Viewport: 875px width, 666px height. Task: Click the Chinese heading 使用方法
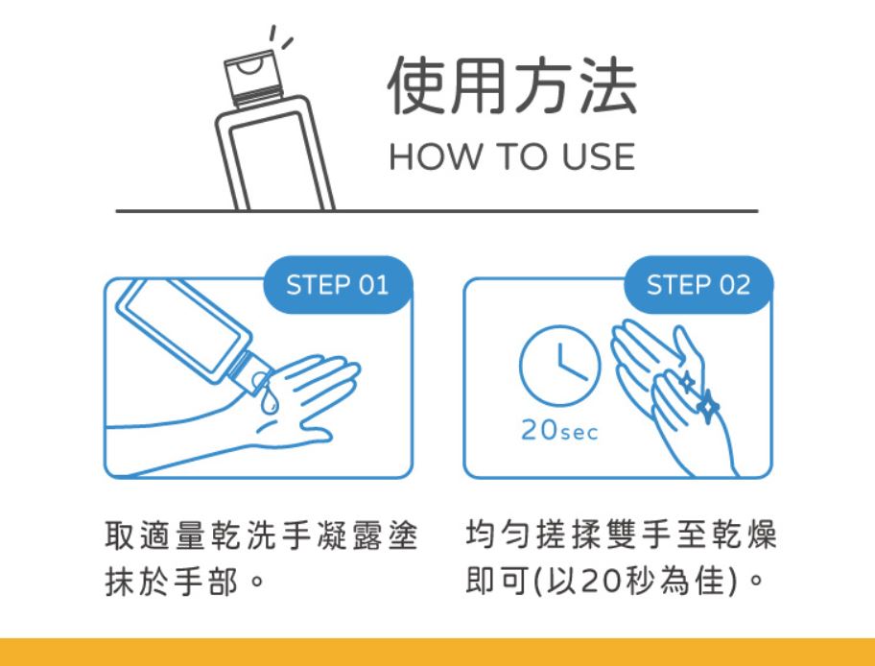(x=511, y=85)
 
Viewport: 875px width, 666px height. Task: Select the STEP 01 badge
(x=338, y=285)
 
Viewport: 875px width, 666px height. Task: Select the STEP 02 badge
(x=698, y=285)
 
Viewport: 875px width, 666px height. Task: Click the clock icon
(x=559, y=366)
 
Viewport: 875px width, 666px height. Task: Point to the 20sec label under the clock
(x=559, y=431)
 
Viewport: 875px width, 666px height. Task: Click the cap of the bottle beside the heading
(x=253, y=78)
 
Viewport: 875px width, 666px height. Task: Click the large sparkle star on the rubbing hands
(x=708, y=406)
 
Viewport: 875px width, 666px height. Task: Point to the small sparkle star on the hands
(x=687, y=382)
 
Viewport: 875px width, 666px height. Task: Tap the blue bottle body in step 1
(x=184, y=332)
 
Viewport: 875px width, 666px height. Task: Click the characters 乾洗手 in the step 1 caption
(x=261, y=535)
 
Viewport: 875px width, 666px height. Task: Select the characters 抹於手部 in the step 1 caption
(x=172, y=582)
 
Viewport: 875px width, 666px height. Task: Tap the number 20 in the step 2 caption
(x=603, y=582)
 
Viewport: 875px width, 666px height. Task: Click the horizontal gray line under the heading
(x=437, y=211)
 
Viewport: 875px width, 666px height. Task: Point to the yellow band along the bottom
(x=437, y=652)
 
